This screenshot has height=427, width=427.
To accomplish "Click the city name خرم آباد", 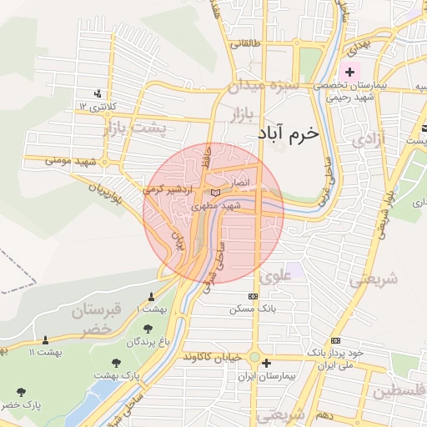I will tap(284, 133).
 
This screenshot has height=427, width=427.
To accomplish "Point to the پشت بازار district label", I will tap(135, 129).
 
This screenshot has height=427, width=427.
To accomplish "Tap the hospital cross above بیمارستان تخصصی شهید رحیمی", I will tap(349, 73).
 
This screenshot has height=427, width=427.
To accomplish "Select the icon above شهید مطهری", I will tap(216, 193).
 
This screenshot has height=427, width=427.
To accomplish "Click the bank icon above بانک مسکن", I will tap(254, 297).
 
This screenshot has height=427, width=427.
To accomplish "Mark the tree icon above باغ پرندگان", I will tap(148, 329).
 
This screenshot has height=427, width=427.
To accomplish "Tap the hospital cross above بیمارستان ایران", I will tap(266, 363).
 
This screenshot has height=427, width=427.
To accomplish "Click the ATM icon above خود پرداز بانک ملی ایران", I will tap(336, 340).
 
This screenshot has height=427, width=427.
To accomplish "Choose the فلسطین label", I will tap(399, 390).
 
